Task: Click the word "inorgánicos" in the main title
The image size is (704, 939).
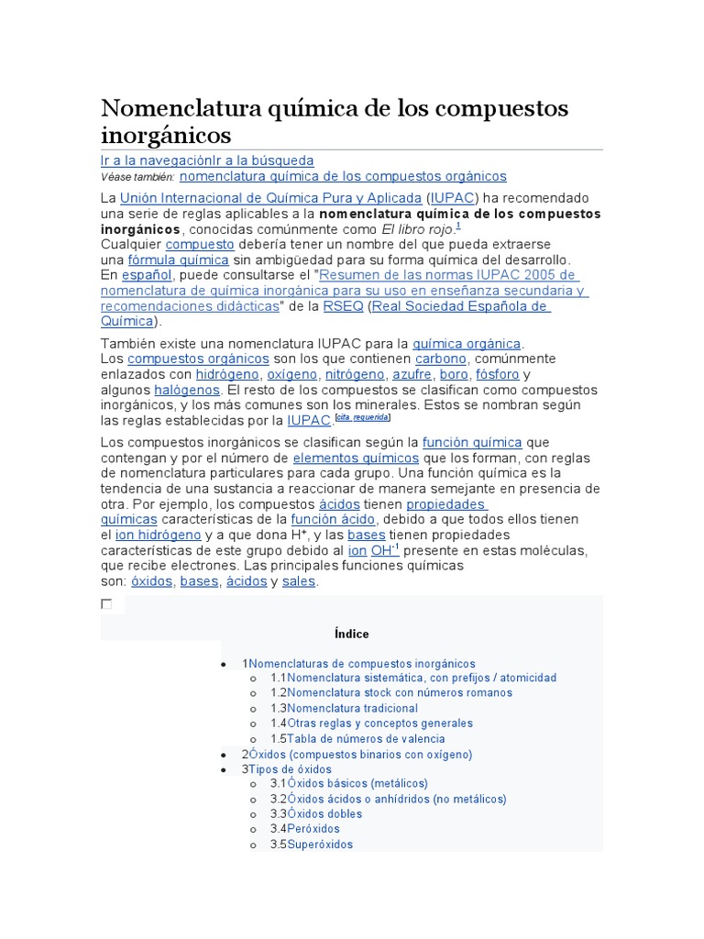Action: pyautogui.click(x=165, y=136)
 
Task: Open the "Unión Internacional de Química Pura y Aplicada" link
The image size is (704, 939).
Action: pyautogui.click(x=271, y=198)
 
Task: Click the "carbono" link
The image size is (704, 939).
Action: pyautogui.click(x=441, y=359)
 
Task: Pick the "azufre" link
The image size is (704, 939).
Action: pyautogui.click(x=412, y=375)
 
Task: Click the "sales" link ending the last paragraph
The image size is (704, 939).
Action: pyautogui.click(x=299, y=581)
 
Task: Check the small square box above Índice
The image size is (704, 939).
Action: pyautogui.click(x=106, y=604)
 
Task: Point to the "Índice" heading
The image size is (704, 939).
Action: pyautogui.click(x=352, y=634)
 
